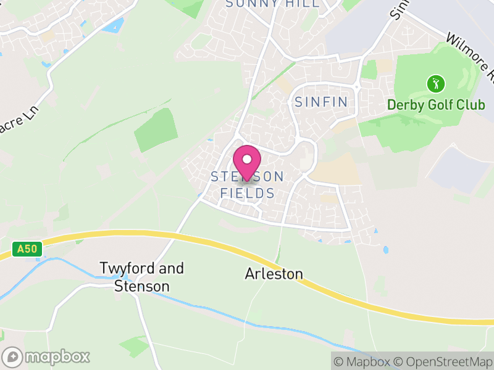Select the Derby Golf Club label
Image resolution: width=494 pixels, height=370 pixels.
point(436,104)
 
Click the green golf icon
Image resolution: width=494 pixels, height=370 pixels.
point(436,83)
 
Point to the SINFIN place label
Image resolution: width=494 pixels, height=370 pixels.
point(322,102)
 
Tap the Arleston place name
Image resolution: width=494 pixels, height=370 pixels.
point(274,274)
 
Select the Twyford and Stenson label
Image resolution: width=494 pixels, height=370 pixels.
point(142,277)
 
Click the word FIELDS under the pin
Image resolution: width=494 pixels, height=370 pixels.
point(247,194)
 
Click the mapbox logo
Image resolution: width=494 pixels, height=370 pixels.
point(47,356)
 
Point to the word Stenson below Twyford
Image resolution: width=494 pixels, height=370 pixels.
point(141,287)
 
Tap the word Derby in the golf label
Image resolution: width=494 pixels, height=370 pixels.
point(405,104)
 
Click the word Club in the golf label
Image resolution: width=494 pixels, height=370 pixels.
point(471,104)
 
